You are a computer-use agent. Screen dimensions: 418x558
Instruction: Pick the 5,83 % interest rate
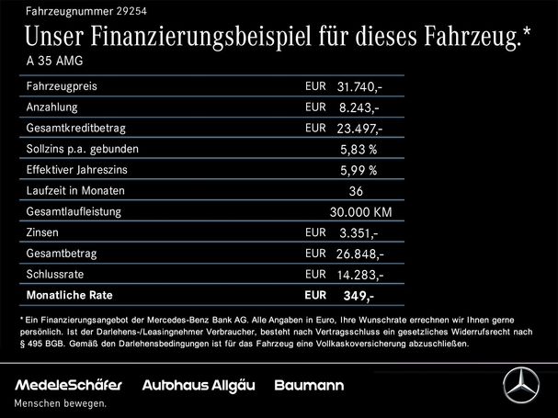click(359, 150)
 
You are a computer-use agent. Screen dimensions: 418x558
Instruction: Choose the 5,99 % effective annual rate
click(359, 171)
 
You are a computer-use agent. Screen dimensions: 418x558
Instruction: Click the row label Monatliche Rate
click(72, 297)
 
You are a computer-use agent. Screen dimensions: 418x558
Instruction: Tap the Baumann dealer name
click(311, 384)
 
